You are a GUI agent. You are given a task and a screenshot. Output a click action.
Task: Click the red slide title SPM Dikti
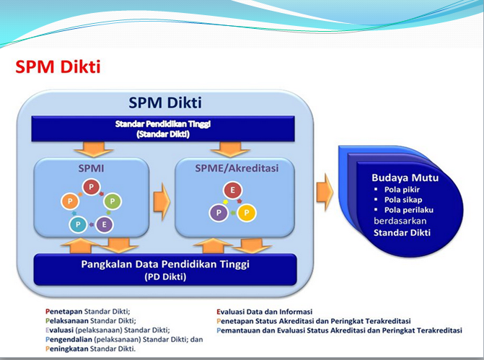[x=58, y=66]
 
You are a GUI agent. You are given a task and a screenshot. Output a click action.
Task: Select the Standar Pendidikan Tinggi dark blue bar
[x=163, y=128]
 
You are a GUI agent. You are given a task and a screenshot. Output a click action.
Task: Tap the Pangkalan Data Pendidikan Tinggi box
[x=165, y=270]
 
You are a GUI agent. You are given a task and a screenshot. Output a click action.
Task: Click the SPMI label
[x=91, y=168]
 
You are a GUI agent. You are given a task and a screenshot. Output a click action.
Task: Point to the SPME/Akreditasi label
[x=237, y=168]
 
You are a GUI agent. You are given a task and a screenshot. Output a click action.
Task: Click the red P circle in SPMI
[x=92, y=187]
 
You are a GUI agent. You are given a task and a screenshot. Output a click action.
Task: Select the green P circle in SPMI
[x=113, y=201]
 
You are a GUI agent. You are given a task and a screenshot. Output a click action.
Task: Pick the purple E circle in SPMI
[x=105, y=224]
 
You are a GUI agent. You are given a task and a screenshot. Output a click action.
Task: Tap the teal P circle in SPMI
[x=78, y=224]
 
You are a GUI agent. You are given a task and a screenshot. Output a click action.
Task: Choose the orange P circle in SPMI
[x=70, y=201]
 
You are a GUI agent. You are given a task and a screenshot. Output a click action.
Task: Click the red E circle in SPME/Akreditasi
[x=233, y=190]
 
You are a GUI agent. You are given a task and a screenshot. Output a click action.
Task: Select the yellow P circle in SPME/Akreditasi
[x=247, y=212]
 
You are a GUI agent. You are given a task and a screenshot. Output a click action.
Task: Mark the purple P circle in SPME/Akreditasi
[x=219, y=212]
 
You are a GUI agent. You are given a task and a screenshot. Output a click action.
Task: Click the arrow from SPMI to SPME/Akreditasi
[x=162, y=201]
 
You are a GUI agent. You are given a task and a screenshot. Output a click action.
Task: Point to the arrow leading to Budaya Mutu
[x=325, y=192]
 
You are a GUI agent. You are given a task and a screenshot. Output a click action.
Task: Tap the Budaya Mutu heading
[x=405, y=177]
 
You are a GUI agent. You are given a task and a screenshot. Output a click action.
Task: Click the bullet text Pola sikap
[x=403, y=200]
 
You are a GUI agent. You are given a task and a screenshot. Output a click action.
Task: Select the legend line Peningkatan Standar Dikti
[x=90, y=349]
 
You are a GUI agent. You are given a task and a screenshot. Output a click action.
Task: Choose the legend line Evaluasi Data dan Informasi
[x=265, y=312]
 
